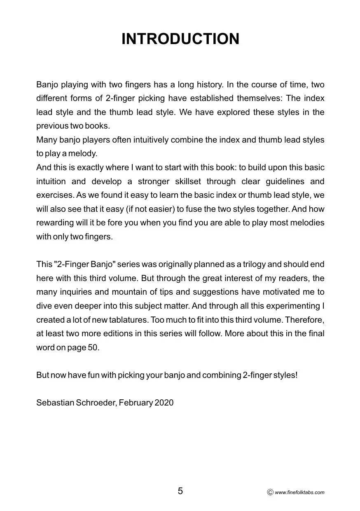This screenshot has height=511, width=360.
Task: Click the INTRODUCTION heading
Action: click(180, 39)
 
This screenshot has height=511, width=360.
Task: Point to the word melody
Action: click(85, 154)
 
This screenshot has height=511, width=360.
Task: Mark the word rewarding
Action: click(55, 223)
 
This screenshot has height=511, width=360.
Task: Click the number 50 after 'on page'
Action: click(93, 347)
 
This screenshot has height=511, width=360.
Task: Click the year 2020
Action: click(164, 403)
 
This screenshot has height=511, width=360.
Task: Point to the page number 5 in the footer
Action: click(180, 491)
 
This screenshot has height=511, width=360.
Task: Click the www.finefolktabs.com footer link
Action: click(299, 492)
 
